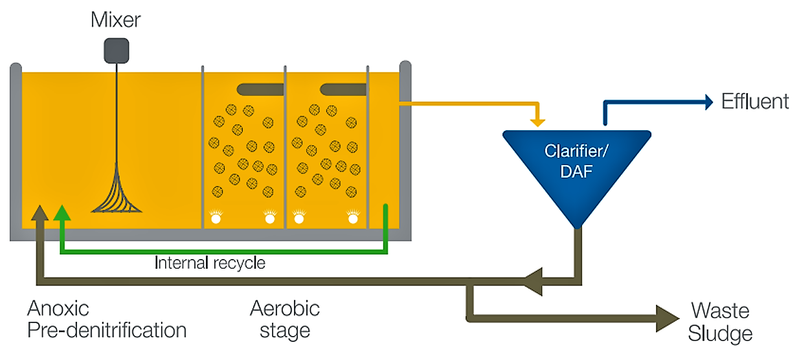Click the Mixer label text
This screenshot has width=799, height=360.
[116, 20]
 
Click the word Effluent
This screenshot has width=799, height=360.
[755, 102]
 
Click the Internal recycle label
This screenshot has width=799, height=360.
[210, 263]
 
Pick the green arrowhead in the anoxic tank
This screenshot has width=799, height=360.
[62, 214]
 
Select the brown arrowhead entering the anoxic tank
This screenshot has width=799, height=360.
[40, 214]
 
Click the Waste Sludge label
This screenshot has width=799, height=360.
[720, 322]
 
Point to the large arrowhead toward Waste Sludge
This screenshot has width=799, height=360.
[666, 319]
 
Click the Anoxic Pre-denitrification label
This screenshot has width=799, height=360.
[107, 319]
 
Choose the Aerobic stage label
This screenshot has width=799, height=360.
[285, 319]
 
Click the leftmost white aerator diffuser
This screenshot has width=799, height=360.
[216, 218]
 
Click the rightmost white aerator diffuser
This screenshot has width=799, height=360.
[353, 218]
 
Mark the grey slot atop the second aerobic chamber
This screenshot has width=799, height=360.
[343, 88]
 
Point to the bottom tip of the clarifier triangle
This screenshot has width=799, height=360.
[576, 227]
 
